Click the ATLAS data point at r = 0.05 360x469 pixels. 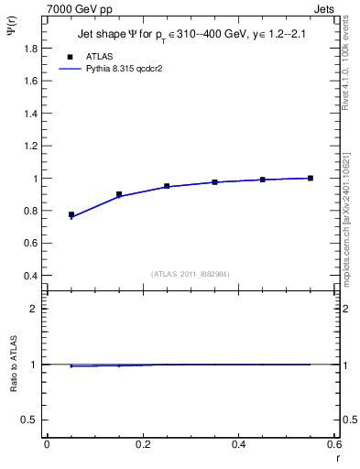(x=71, y=214)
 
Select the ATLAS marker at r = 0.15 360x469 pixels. (x=119, y=194)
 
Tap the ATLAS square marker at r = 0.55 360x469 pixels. (x=311, y=178)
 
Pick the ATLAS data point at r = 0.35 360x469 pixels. (x=215, y=182)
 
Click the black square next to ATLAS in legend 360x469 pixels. (x=71, y=55)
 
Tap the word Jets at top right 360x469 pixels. (x=336, y=7)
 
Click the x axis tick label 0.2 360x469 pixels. (x=142, y=444)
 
